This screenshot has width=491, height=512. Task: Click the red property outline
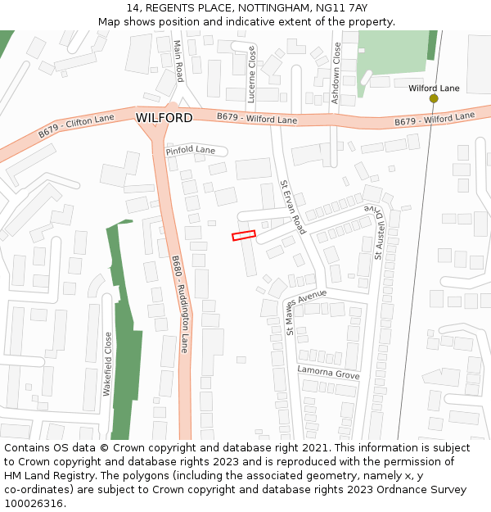pyautogui.click(x=244, y=235)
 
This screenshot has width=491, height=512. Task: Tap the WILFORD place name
pyautogui.click(x=164, y=118)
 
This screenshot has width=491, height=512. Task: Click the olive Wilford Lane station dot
pyautogui.click(x=434, y=98)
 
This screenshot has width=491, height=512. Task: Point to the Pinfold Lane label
pyautogui.click(x=190, y=151)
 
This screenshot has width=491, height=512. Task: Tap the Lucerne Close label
pyautogui.click(x=251, y=75)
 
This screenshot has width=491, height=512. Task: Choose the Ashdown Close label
pyautogui.click(x=336, y=66)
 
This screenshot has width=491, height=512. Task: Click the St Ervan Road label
pyautogui.click(x=292, y=207)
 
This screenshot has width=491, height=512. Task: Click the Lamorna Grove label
pyautogui.click(x=328, y=374)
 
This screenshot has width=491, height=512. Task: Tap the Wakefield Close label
pyautogui.click(x=107, y=364)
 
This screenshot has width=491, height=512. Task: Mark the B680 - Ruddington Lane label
pyautogui.click(x=180, y=304)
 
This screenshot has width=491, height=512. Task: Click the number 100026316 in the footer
pyautogui.click(x=34, y=504)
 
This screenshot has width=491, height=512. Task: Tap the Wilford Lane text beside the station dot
pyautogui.click(x=434, y=88)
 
